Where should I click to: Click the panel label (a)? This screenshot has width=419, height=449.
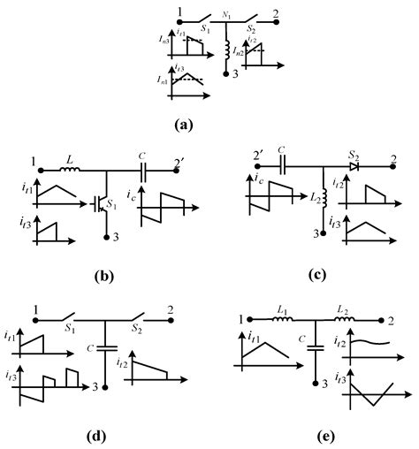[208, 126]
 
